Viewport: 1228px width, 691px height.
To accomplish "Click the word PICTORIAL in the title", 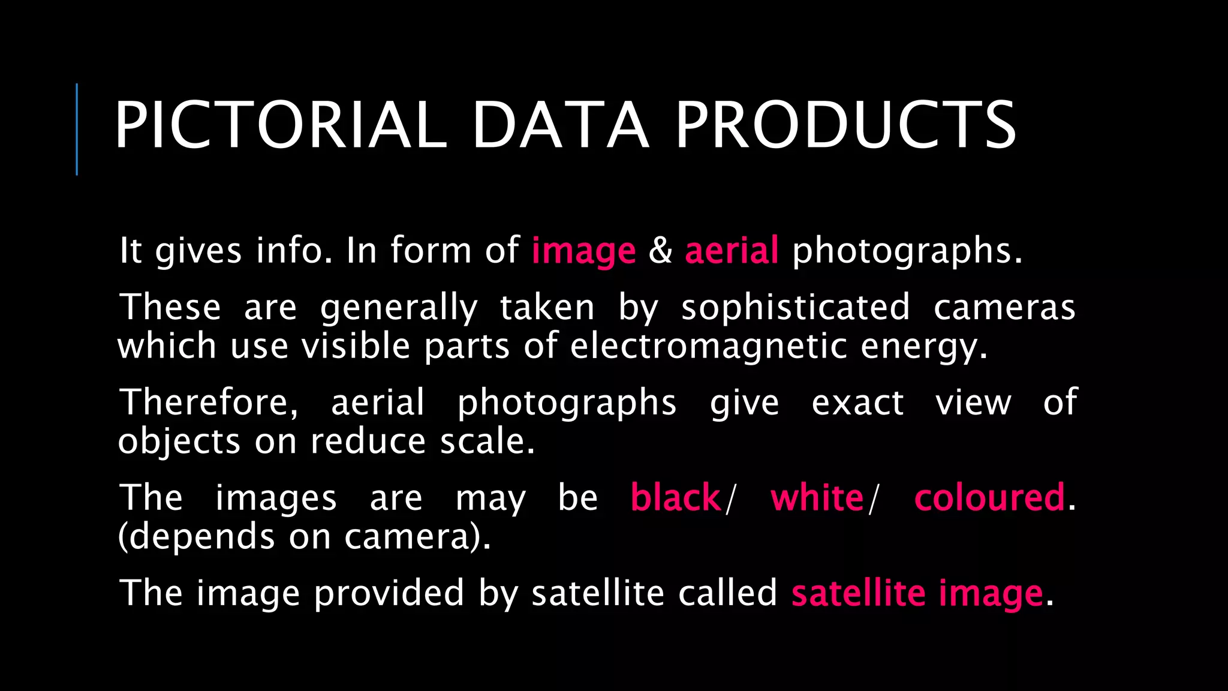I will (281, 125).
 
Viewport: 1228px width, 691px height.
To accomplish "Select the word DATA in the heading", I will (561, 125).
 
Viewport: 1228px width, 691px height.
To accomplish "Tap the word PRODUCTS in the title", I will (846, 125).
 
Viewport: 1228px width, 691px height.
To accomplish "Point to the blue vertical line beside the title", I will (77, 129).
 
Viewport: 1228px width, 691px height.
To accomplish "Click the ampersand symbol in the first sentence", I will (660, 250).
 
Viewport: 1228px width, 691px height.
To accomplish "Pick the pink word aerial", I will (732, 250).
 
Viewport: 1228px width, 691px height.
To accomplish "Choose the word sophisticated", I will (796, 308).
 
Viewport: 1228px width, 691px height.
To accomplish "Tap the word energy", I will (923, 347).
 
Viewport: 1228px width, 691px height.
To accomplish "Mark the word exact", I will (857, 402).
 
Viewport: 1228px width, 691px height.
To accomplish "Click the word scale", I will (487, 441).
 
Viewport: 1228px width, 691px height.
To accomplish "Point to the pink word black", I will (676, 497).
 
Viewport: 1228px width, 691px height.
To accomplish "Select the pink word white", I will (817, 497).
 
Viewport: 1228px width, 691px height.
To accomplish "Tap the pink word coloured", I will (989, 497).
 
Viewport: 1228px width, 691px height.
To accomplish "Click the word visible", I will (356, 346).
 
